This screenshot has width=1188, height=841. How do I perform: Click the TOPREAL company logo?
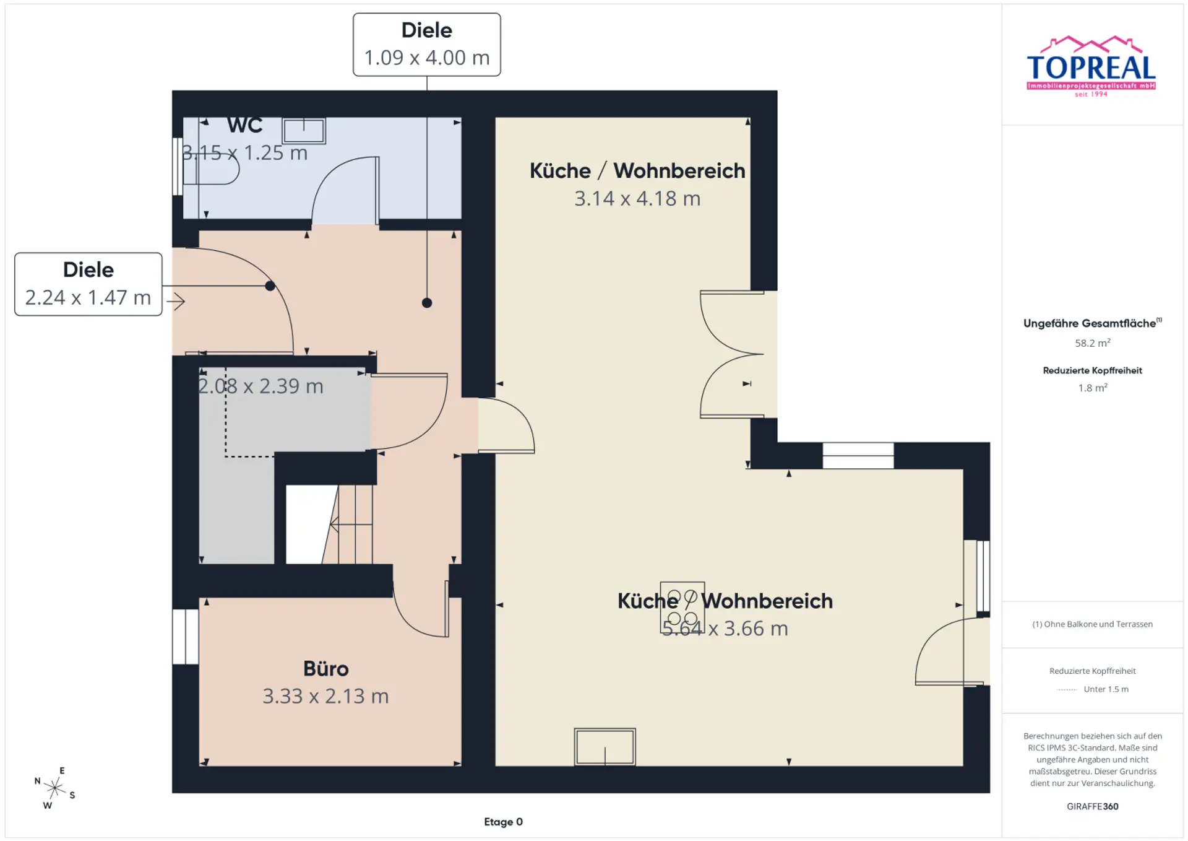[1091, 66]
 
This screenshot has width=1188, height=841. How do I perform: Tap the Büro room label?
[326, 669]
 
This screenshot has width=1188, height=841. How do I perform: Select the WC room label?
[245, 125]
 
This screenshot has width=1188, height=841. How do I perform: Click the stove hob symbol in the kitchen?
[682, 607]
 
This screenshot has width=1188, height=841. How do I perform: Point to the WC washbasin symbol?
[304, 131]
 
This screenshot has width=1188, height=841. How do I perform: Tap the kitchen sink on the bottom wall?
[605, 747]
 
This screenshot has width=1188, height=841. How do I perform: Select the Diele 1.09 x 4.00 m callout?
[427, 45]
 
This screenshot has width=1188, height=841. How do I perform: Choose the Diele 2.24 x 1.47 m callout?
[88, 284]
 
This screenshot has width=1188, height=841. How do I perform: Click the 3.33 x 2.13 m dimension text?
[325, 696]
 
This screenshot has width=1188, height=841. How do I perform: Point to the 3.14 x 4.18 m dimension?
[637, 198]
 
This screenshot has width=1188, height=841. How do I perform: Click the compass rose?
[54, 788]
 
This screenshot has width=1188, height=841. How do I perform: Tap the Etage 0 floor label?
[503, 822]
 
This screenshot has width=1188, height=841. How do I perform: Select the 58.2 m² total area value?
[1093, 342]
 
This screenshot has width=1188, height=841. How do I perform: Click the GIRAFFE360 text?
[1093, 806]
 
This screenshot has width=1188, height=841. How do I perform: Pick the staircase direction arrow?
[351, 525]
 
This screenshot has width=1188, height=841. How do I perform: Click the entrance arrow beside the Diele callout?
[176, 302]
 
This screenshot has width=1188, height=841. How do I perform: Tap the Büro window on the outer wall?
[186, 637]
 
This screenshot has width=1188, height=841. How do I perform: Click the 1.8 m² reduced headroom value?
[1093, 388]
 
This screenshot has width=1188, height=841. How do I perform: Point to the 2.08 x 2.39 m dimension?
[260, 386]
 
